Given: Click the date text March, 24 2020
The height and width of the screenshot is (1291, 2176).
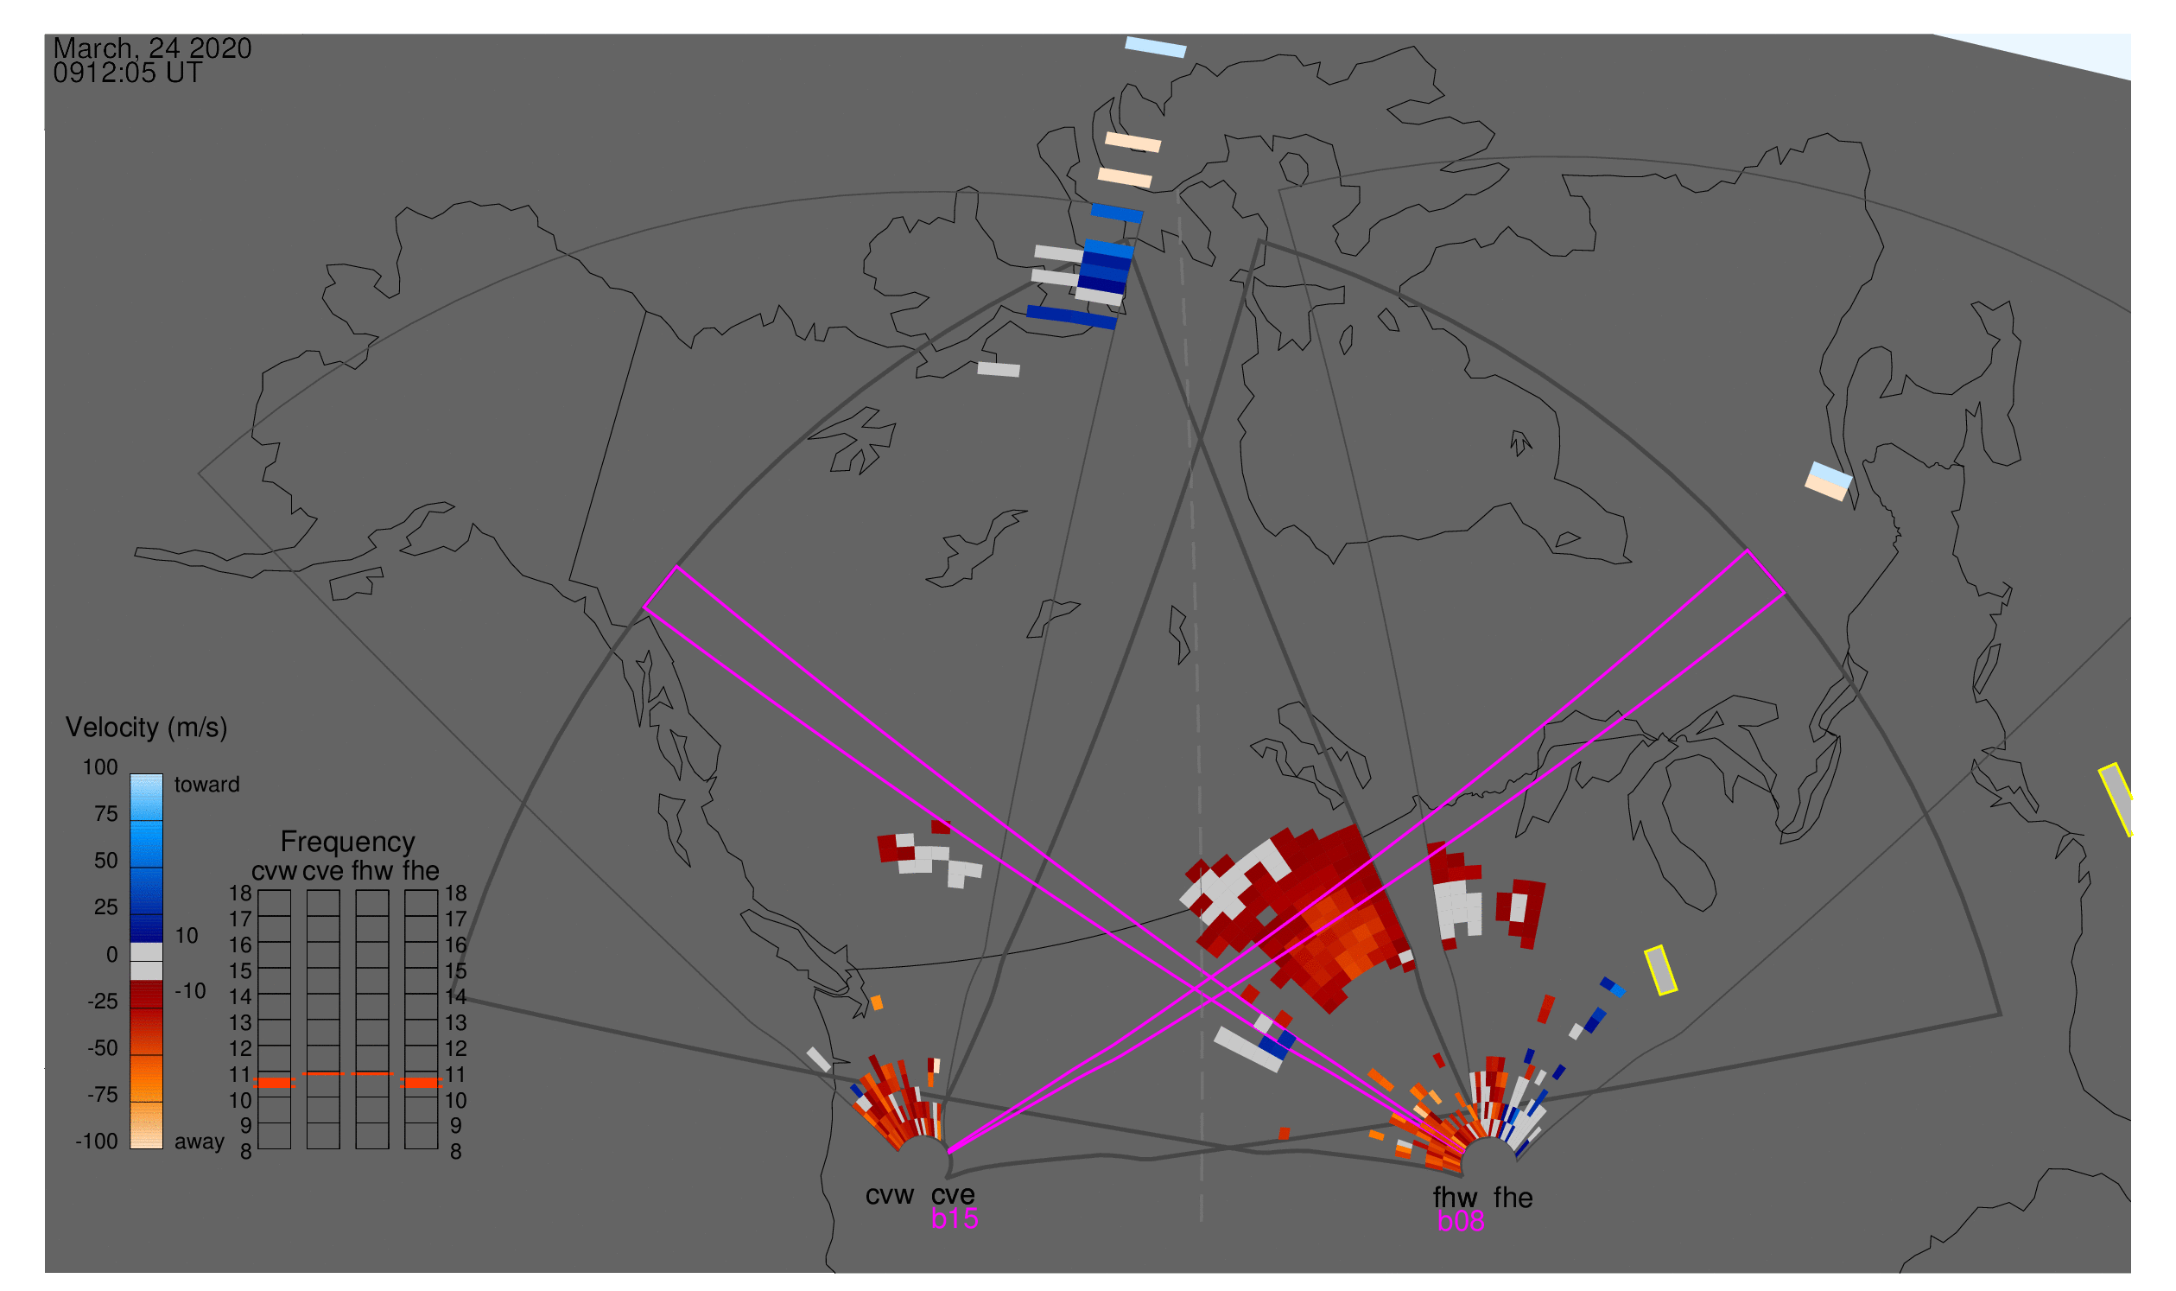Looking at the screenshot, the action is [152, 48].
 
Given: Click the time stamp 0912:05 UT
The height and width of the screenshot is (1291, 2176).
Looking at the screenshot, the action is [127, 73].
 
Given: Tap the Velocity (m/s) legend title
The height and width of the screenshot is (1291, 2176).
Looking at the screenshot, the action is [146, 728].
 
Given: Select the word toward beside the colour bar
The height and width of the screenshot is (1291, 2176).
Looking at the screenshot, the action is [207, 785].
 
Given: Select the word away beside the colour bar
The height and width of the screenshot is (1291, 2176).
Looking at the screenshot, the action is [200, 1142].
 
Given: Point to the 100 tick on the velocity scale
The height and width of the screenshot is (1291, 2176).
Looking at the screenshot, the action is [100, 767].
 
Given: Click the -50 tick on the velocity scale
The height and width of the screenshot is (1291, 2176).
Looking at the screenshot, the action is [103, 1048].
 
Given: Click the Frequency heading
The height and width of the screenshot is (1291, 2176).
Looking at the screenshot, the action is [347, 843].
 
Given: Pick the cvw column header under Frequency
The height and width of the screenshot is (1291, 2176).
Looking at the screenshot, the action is [274, 872].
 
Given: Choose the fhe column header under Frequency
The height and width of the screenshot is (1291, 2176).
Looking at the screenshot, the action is [420, 871].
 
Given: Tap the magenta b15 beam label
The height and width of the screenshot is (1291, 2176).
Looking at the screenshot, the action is [954, 1218].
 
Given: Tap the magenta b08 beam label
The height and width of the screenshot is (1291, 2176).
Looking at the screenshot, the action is [1460, 1221].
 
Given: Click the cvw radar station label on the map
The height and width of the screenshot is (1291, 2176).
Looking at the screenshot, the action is [889, 1196].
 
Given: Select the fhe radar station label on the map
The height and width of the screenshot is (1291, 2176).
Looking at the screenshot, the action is [1513, 1198].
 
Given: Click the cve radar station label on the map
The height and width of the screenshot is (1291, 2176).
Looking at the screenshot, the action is [953, 1195].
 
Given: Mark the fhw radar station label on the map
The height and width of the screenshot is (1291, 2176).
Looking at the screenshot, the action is [1455, 1198].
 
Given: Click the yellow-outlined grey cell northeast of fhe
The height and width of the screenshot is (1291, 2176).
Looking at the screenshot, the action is [1660, 971].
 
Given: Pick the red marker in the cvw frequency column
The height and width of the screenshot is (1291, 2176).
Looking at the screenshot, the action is [275, 1083].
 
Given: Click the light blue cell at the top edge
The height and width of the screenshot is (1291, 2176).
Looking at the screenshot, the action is [1155, 47].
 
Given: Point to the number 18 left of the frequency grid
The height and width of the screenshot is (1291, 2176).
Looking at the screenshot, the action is [240, 894].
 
